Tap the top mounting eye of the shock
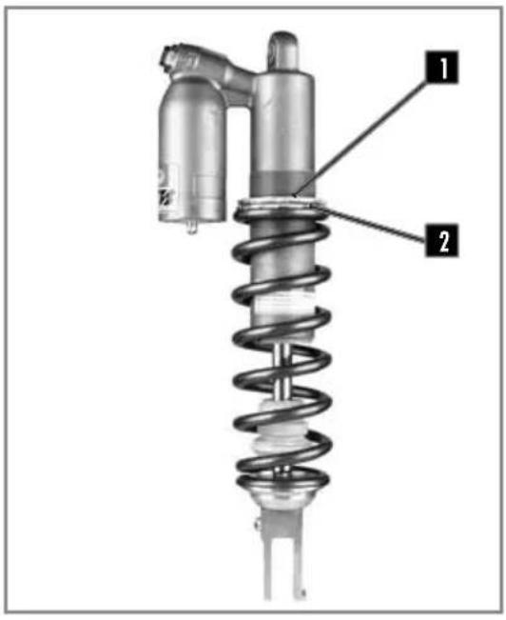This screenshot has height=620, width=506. (x=283, y=47)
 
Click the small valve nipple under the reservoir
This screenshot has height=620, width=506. (x=192, y=227)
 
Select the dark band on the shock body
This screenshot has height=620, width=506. (x=284, y=182)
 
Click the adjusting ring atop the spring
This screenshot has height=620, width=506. (x=284, y=203)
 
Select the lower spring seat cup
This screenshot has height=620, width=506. (x=284, y=496)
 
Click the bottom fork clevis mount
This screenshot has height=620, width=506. (x=284, y=562)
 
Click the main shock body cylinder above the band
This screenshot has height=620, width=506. (x=284, y=124)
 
